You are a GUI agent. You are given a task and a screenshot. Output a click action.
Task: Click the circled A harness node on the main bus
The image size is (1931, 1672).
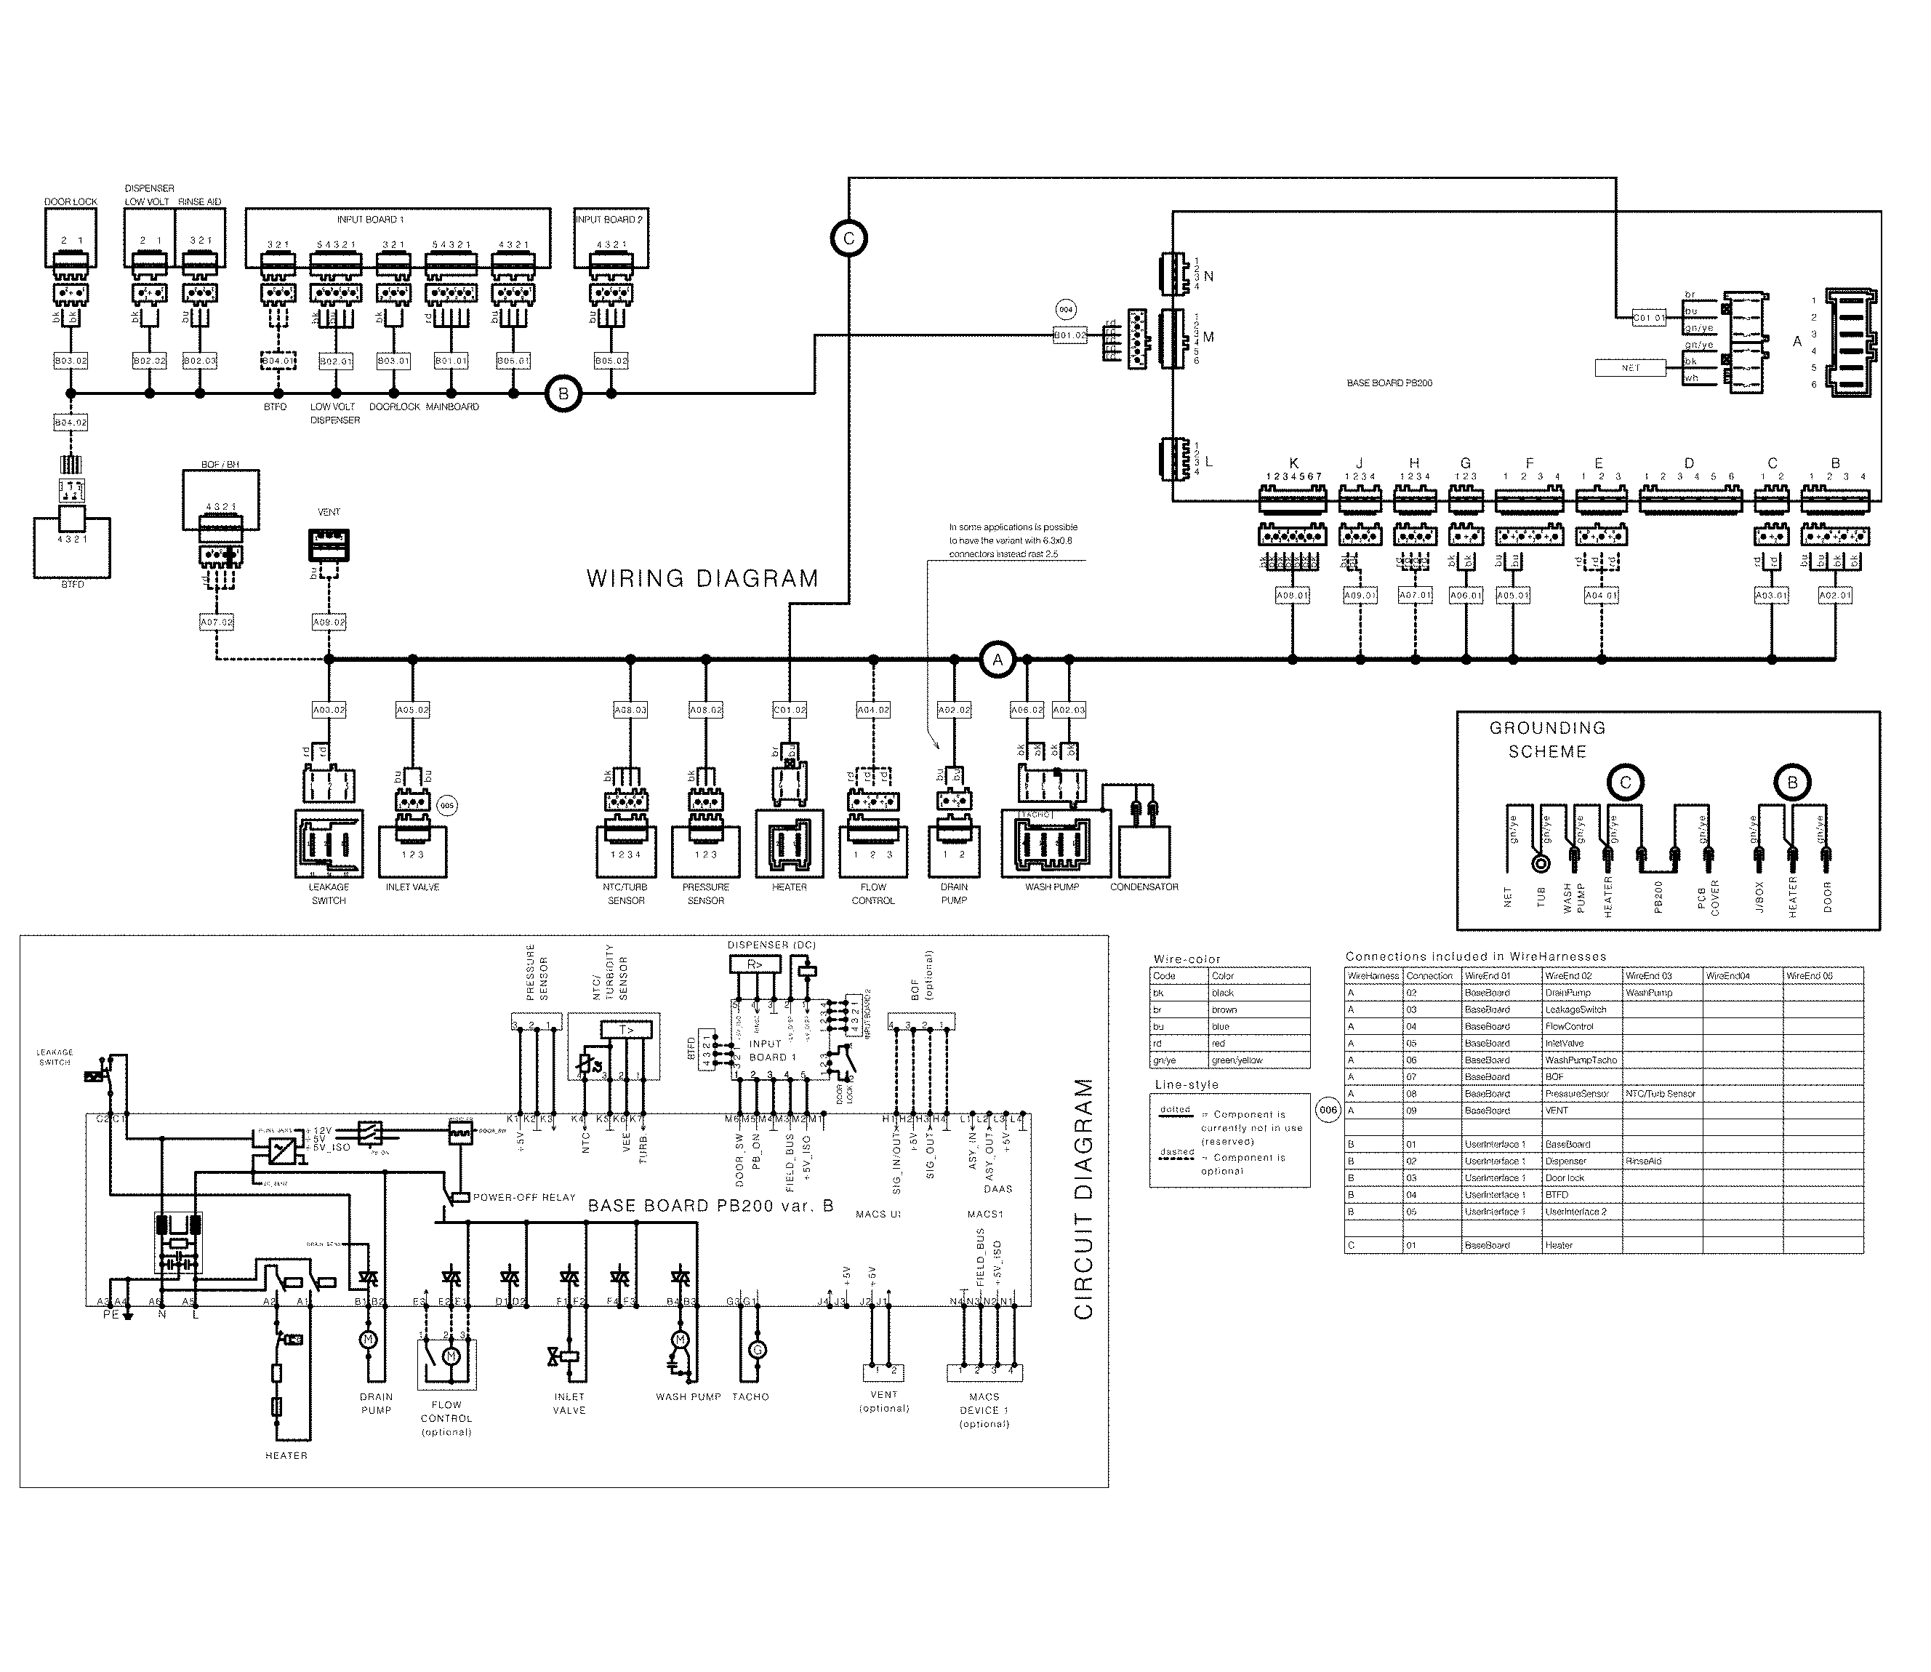point(997,660)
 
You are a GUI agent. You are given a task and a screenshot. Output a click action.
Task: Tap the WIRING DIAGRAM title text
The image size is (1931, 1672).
point(702,578)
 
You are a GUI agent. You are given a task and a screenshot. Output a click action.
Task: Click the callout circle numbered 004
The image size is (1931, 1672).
point(1065,309)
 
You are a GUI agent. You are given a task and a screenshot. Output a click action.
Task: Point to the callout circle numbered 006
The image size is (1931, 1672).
point(1328,1109)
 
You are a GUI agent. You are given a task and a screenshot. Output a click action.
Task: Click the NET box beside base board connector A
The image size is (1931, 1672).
point(1630,367)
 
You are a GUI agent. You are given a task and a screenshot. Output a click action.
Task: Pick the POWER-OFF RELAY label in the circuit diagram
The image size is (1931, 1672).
point(523,1197)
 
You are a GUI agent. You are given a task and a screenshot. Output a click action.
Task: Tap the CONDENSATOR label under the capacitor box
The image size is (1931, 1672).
point(1144,887)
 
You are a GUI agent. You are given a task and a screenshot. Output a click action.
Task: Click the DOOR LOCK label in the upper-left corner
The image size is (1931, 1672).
point(71,201)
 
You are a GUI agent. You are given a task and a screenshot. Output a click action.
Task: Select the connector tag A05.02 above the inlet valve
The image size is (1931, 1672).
point(412,710)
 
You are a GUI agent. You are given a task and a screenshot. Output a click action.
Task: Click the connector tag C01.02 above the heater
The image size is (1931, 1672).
point(789,710)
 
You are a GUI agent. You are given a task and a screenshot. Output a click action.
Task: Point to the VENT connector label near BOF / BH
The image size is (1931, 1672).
point(329,512)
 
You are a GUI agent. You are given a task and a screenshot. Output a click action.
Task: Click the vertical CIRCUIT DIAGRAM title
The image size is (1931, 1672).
point(1083,1199)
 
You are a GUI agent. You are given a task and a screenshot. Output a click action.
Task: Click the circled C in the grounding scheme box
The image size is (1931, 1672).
point(1625,783)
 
